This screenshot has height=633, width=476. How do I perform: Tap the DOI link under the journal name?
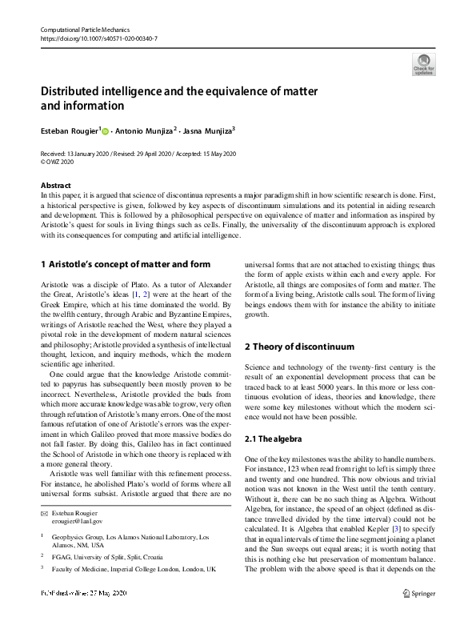[98, 38]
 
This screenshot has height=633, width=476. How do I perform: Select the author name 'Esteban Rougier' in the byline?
[70, 130]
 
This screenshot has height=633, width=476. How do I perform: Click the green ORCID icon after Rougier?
[104, 130]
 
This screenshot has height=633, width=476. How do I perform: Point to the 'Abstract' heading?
[54, 186]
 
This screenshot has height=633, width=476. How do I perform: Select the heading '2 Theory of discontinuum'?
[298, 347]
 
